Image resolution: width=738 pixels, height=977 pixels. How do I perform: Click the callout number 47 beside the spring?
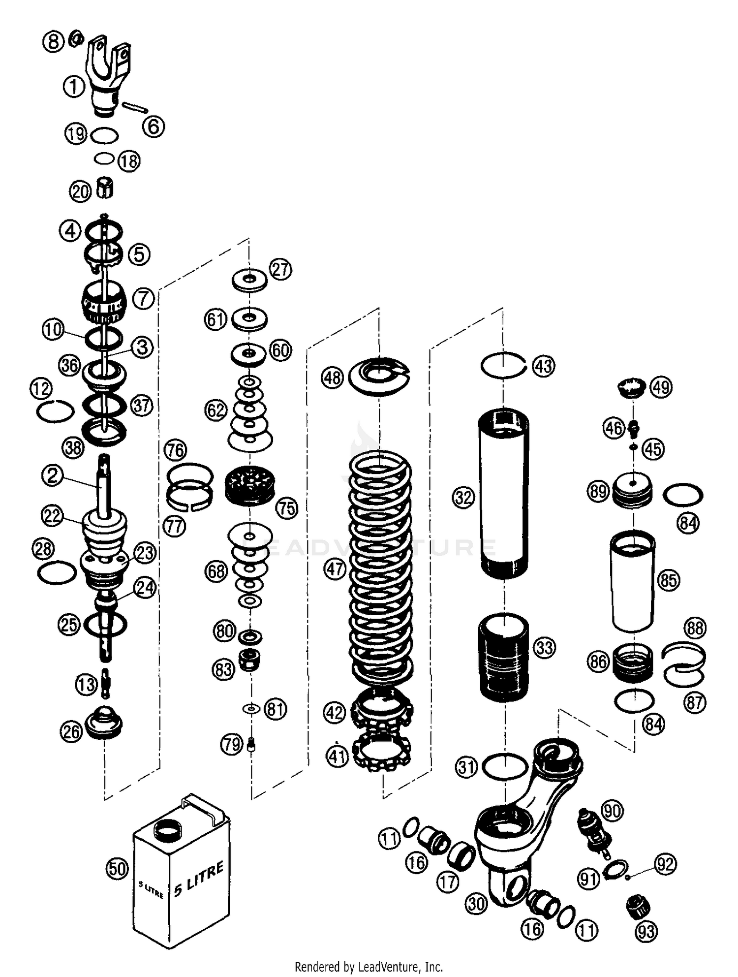(x=335, y=569)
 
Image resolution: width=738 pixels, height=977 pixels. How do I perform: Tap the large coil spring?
(x=381, y=566)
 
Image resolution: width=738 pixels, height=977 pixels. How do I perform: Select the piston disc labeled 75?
(x=249, y=486)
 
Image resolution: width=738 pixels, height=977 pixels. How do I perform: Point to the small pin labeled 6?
(x=136, y=107)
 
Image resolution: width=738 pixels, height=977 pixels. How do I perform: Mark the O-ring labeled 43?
(x=503, y=365)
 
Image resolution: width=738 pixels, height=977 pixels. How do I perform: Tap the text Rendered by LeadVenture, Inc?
(x=369, y=966)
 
